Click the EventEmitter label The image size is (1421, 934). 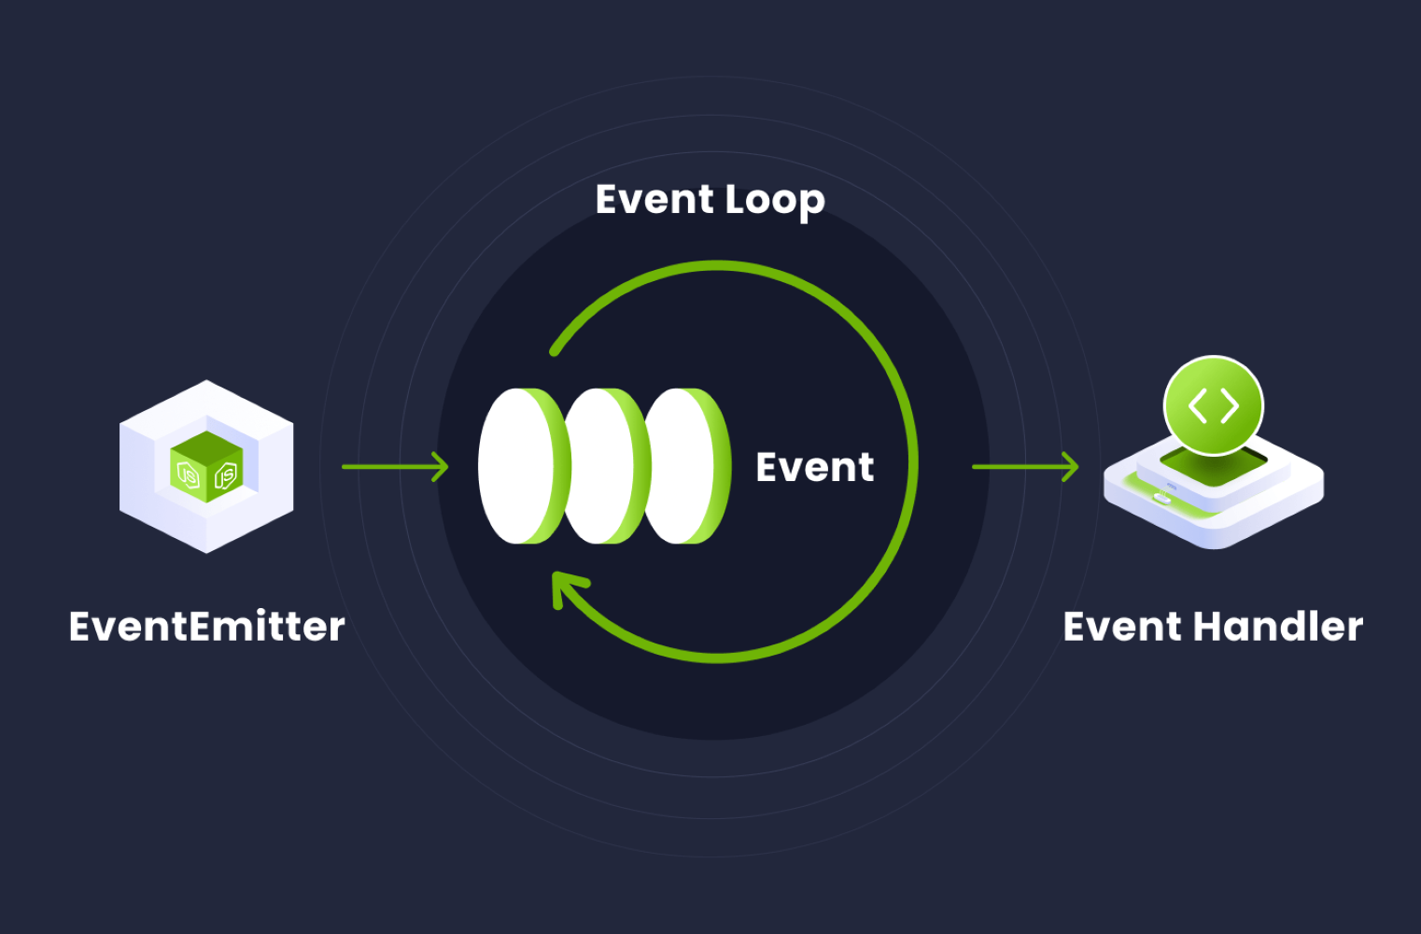pos(206,627)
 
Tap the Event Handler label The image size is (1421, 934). pos(1212,627)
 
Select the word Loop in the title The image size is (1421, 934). pos(774,200)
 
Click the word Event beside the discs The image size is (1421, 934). pos(814,467)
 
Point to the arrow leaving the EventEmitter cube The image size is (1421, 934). pos(394,466)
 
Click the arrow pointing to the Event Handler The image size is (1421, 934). pos(1024,466)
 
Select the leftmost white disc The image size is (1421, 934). pos(518,466)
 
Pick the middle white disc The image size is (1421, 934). pos(602,466)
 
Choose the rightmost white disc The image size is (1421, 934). pos(682,466)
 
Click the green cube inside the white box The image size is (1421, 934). pos(206,467)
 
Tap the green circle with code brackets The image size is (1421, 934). pos(1213,406)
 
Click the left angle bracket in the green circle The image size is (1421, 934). pos(1197,406)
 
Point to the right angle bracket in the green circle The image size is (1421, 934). pos(1230,406)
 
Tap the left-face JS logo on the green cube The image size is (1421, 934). pos(189,475)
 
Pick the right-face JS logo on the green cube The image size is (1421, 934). pos(225,475)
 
